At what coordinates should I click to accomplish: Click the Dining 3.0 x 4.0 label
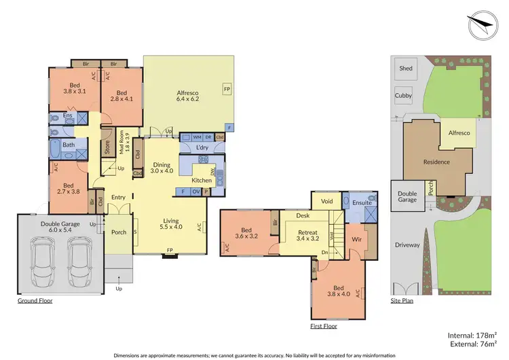pyautogui.click(x=162, y=168)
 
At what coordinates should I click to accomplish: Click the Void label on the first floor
pyautogui.click(x=326, y=201)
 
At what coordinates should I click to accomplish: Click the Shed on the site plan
pyautogui.click(x=406, y=69)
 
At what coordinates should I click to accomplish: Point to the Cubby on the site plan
pyautogui.click(x=403, y=96)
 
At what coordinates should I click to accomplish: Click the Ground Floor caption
pyautogui.click(x=35, y=300)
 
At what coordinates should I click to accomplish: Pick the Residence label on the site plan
pyautogui.click(x=436, y=162)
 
